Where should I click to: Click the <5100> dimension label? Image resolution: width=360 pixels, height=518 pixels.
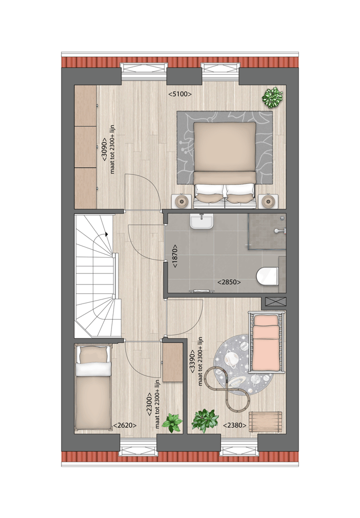pos(180,93)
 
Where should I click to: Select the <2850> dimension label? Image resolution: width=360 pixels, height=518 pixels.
pos(229,282)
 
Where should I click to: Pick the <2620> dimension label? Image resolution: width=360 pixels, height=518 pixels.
pos(125,425)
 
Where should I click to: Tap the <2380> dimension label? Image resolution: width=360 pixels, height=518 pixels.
pos(233,425)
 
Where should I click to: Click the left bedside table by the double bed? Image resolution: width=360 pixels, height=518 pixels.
pos(181,201)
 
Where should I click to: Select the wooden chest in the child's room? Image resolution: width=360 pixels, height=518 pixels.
pos(265,421)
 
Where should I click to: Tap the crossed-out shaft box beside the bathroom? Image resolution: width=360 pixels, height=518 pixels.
pos(275,301)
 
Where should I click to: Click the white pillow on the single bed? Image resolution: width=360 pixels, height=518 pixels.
pos(93,368)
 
